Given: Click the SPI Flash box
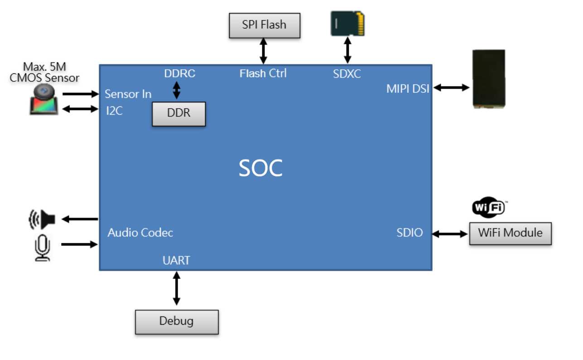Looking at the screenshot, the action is [x=265, y=25].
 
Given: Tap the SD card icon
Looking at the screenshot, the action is [x=347, y=24].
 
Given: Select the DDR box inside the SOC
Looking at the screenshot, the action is [x=179, y=114].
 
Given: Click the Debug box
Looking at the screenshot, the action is [x=177, y=322].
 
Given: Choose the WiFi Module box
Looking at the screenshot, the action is [x=511, y=233].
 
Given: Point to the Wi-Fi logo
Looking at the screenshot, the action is [x=489, y=207].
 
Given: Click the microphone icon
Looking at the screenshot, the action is [x=43, y=247].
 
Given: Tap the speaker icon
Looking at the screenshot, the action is [x=42, y=219].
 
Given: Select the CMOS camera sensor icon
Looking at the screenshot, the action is [x=44, y=100].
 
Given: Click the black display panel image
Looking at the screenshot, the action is [x=489, y=78].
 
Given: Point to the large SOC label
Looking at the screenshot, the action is [x=260, y=168].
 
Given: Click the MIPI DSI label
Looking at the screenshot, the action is [x=408, y=89].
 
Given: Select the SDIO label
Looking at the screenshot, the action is [x=410, y=233].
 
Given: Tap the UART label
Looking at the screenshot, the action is [x=177, y=260].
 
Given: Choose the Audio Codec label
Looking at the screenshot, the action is [x=140, y=233].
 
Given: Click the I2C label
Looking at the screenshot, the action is [x=114, y=111].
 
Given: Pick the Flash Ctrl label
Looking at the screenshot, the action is [x=263, y=73].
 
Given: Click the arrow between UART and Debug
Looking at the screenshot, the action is [x=177, y=288].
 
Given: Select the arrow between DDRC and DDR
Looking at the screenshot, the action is [x=177, y=90].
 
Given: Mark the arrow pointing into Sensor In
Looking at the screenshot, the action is [x=81, y=94].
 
